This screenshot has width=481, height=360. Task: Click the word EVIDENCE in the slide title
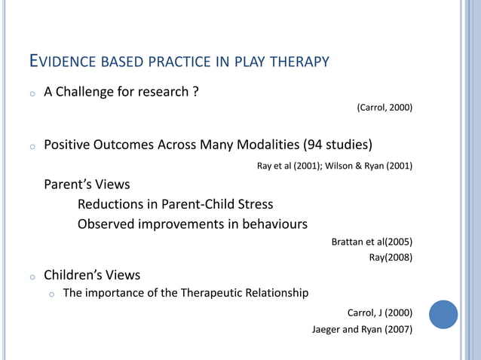(x=60, y=60)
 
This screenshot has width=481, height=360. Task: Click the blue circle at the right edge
(x=443, y=314)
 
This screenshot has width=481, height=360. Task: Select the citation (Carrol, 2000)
(x=384, y=108)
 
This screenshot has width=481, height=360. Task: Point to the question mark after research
(x=195, y=92)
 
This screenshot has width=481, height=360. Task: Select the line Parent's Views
(x=87, y=185)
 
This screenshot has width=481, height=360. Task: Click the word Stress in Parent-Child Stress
(x=254, y=204)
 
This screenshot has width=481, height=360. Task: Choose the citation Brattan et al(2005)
(x=372, y=242)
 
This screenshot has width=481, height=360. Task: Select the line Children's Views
(x=92, y=275)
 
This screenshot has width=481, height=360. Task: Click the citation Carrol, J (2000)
(x=379, y=313)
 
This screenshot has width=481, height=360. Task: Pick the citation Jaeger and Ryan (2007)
(x=362, y=329)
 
